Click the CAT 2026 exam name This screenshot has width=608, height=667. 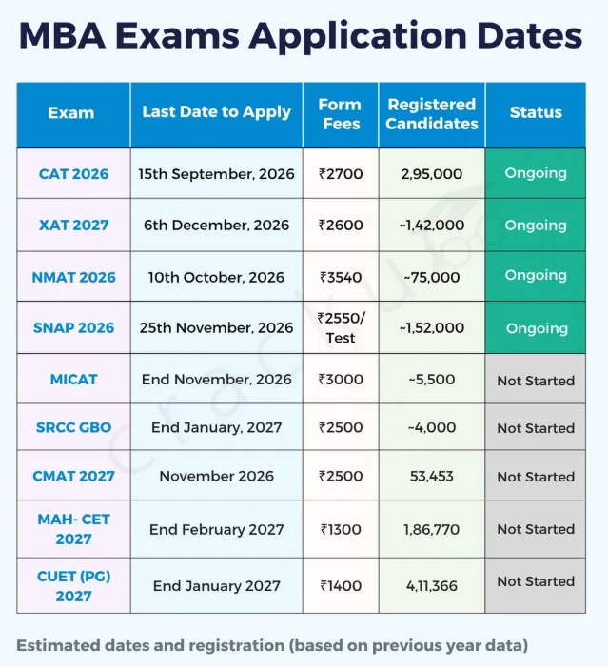(73, 173)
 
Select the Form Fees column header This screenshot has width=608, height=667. (341, 113)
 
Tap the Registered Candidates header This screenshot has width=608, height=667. (431, 113)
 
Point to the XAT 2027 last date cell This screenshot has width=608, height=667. (216, 225)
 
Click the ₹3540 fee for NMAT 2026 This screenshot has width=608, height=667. (341, 277)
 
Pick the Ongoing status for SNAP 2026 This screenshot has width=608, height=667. (537, 328)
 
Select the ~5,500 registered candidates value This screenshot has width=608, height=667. (431, 379)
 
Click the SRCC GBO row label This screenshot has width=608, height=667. (73, 427)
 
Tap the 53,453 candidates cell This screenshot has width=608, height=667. (431, 476)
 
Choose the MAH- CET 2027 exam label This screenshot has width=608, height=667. (73, 529)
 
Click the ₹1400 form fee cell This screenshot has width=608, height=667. (341, 586)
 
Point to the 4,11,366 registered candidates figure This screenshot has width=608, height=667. (431, 586)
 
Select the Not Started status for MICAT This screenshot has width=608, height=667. (536, 381)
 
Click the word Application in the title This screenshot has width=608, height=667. (359, 36)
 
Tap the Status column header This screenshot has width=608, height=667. (536, 112)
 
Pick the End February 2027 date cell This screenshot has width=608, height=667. (216, 529)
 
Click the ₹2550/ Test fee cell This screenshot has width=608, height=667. (341, 327)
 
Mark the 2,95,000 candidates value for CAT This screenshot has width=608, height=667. (431, 173)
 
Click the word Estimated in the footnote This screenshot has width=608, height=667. (58, 645)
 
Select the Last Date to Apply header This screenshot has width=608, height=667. (216, 112)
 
